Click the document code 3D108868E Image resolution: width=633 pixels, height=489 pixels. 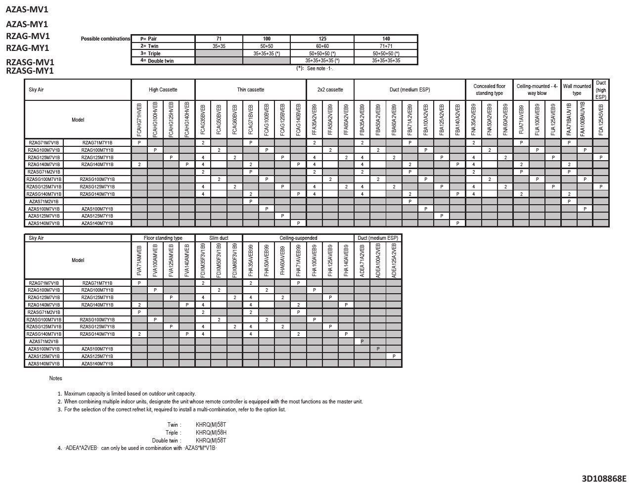[x=604, y=479]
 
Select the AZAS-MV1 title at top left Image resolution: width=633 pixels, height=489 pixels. [x=27, y=9]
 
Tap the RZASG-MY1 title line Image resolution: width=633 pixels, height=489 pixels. [x=30, y=71]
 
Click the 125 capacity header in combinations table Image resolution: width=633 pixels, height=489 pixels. [x=322, y=39]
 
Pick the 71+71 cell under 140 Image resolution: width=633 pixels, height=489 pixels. [x=386, y=46]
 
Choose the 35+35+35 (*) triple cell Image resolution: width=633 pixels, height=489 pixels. [x=267, y=53]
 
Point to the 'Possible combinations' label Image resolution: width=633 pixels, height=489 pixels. [x=105, y=39]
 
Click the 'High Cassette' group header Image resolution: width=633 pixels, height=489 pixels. [x=163, y=90]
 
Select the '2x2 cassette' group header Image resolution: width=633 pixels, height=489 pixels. [x=330, y=90]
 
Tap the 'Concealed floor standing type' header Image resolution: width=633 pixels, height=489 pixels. [x=489, y=89]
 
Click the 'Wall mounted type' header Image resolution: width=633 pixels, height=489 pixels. [x=577, y=89]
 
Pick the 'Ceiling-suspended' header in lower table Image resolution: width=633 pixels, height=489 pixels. [x=298, y=238]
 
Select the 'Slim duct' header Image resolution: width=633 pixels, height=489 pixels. [x=219, y=238]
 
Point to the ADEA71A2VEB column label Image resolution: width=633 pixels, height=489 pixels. [x=362, y=261]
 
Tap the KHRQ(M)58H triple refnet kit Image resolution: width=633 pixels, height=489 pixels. [x=211, y=433]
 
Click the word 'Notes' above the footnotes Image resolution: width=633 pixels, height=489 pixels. [x=55, y=378]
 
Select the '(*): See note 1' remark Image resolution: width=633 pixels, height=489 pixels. [x=315, y=68]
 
